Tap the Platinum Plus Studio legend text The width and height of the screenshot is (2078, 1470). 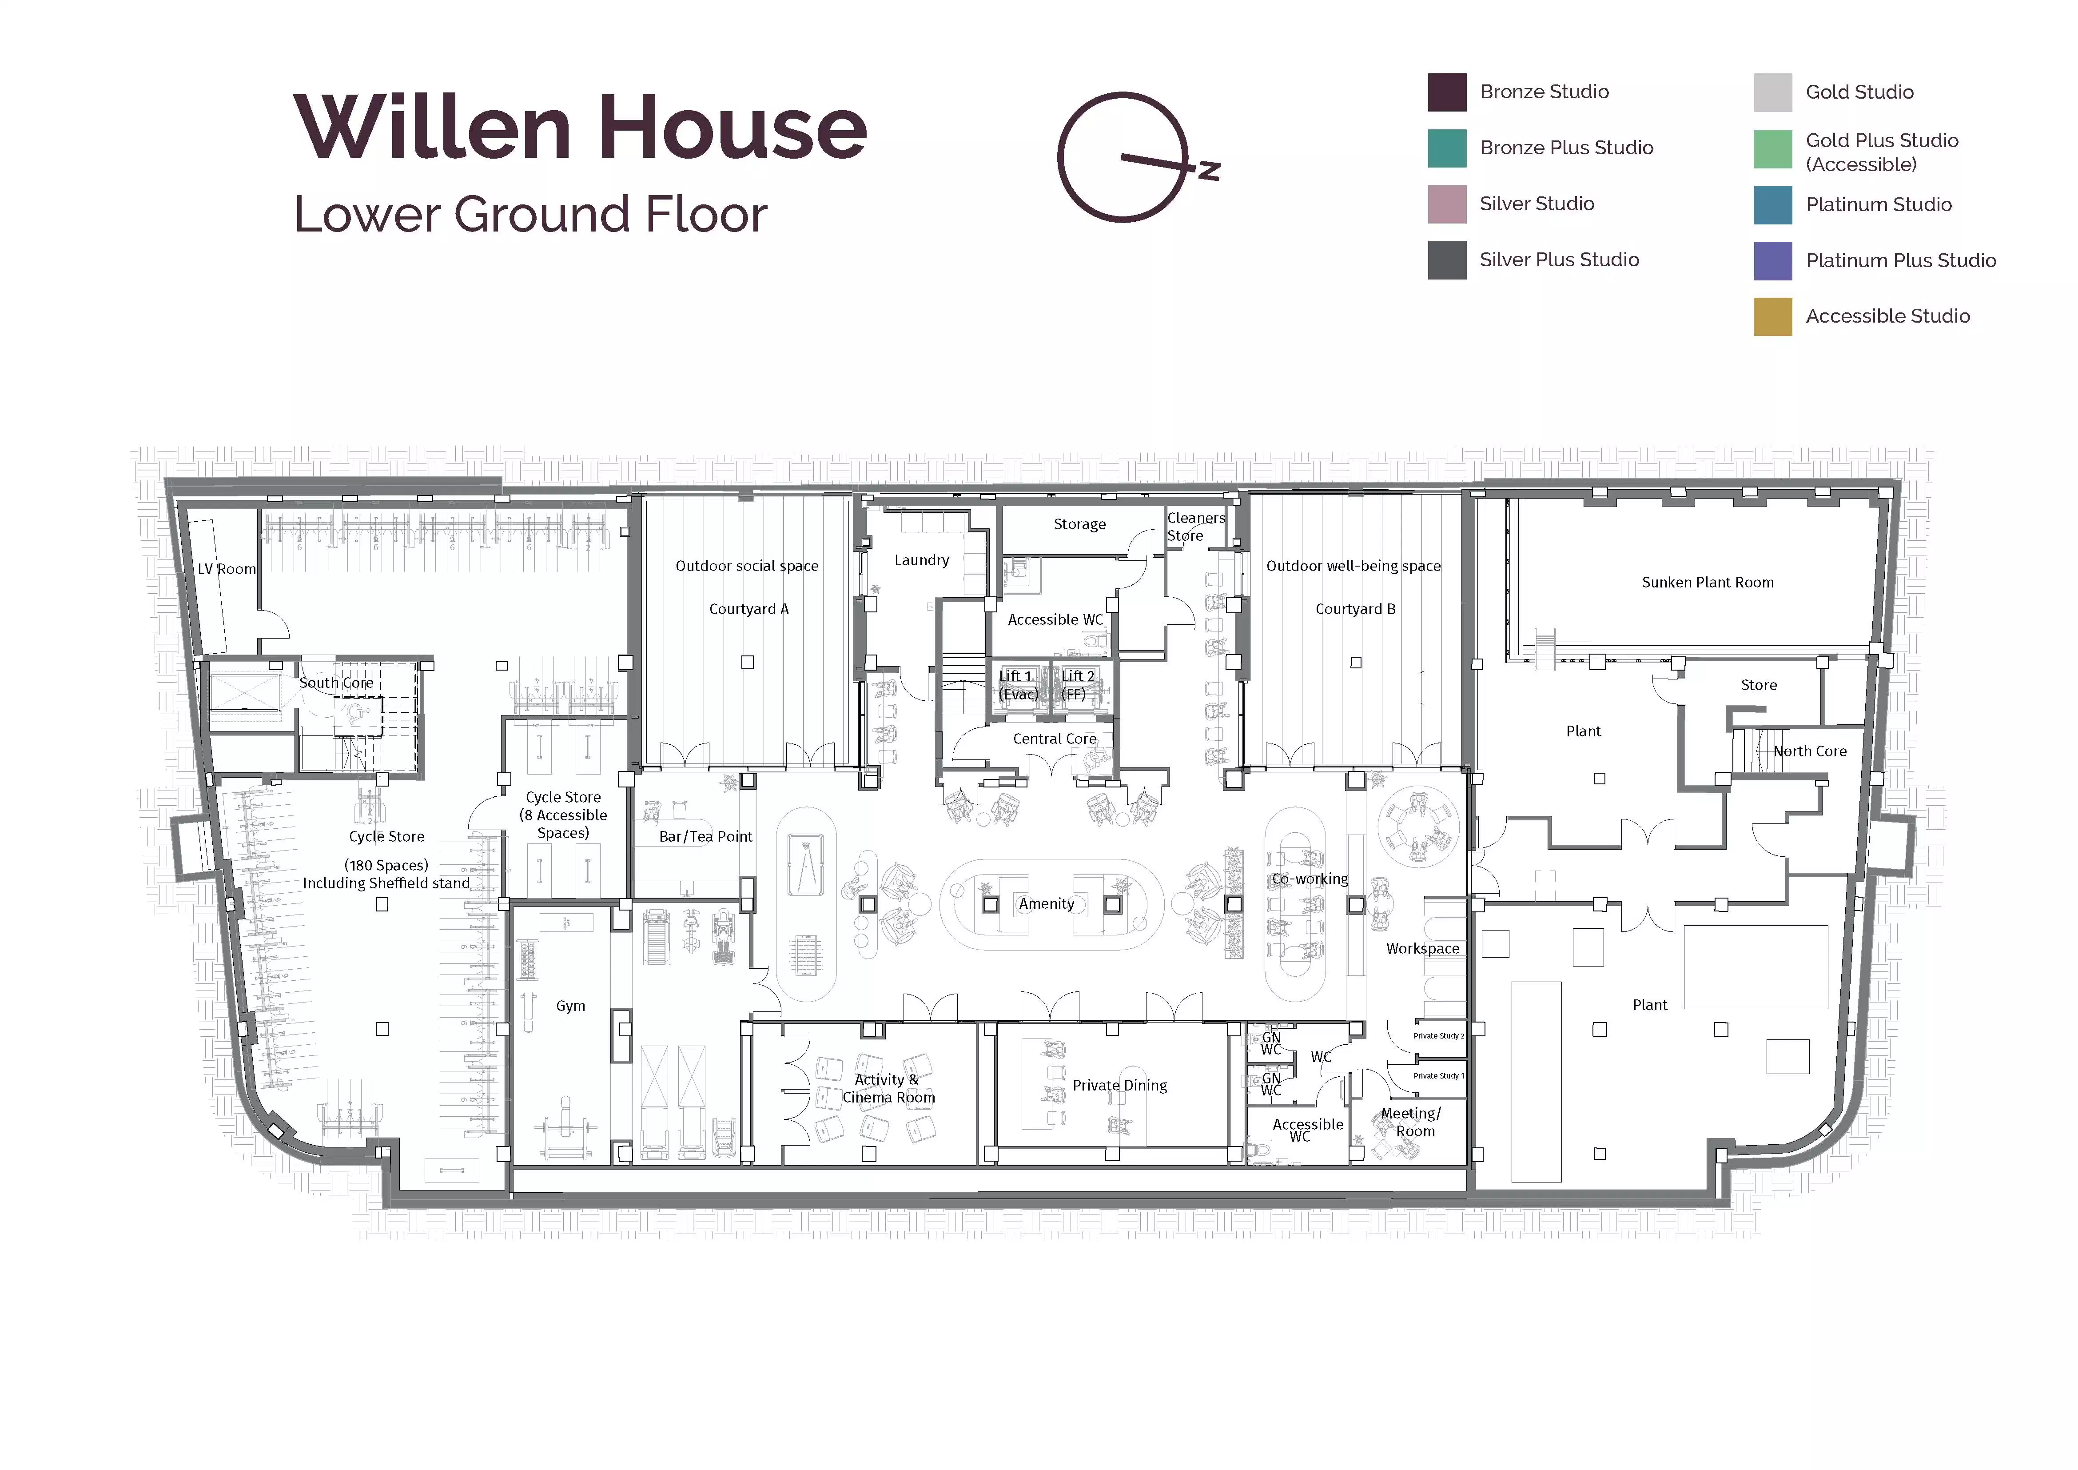tap(1901, 261)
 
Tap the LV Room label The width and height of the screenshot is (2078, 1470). tap(226, 569)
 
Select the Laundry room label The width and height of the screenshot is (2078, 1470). tap(921, 560)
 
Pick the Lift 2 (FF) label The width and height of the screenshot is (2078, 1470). tap(1077, 685)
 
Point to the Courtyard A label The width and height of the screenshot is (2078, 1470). tap(748, 609)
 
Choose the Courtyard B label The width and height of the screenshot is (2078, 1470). tap(1355, 609)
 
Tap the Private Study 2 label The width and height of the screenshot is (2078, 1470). tap(1438, 1035)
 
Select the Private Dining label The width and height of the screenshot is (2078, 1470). tap(1119, 1085)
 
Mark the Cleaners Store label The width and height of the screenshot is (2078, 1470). tap(1194, 527)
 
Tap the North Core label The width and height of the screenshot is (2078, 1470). tap(1809, 751)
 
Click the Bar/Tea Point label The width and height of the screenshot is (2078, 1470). tap(705, 836)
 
